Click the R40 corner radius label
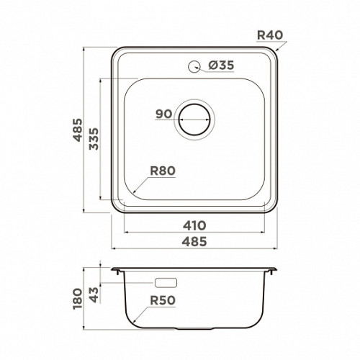pyautogui.click(x=270, y=35)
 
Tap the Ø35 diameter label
pyautogui.click(x=221, y=65)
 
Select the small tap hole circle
pyautogui.click(x=194, y=66)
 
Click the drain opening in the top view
pyautogui.click(x=194, y=120)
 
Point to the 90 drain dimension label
pyautogui.click(x=164, y=114)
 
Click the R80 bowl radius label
pyautogui.click(x=163, y=171)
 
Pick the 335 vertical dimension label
pyautogui.click(x=94, y=139)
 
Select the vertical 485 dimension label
pyautogui.click(x=78, y=130)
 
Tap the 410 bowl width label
pyautogui.click(x=194, y=225)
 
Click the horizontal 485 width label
pyautogui.click(x=194, y=241)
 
